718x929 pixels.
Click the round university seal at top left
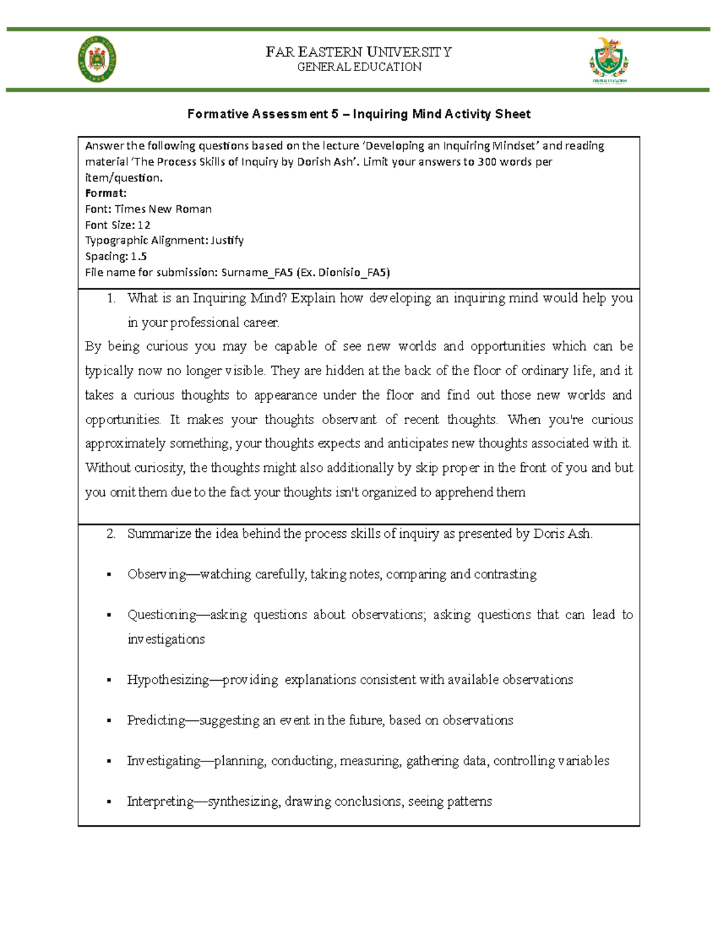tap(97, 59)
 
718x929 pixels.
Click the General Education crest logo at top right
tap(609, 60)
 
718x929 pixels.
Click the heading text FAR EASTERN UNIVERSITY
tap(358, 52)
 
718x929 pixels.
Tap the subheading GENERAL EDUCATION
tap(359, 67)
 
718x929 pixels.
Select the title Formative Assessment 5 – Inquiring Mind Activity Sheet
tap(358, 114)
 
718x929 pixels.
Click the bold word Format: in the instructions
tap(105, 193)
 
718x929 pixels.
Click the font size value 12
tap(144, 225)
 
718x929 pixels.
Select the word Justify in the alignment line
tap(227, 240)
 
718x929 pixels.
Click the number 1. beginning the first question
tap(111, 298)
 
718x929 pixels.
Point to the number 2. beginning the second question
tap(111, 534)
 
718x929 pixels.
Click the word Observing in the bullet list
tap(156, 574)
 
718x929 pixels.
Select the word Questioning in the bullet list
tap(162, 615)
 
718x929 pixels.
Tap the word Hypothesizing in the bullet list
tap(168, 680)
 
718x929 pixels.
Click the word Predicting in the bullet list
tap(156, 720)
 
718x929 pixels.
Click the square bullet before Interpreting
tap(109, 802)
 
